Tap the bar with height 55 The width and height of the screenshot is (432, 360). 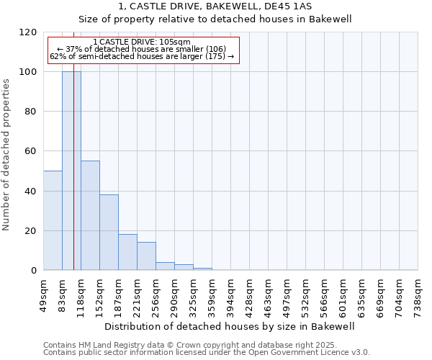click(x=90, y=215)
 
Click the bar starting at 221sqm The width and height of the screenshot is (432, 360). click(x=146, y=256)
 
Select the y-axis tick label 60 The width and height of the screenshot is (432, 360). click(x=31, y=152)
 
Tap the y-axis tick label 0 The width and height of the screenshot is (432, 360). click(x=34, y=271)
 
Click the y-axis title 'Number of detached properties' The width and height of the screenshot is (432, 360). click(x=6, y=156)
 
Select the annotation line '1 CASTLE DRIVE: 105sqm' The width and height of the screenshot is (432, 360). click(x=142, y=42)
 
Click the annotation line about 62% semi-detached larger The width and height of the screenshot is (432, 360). click(x=142, y=56)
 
